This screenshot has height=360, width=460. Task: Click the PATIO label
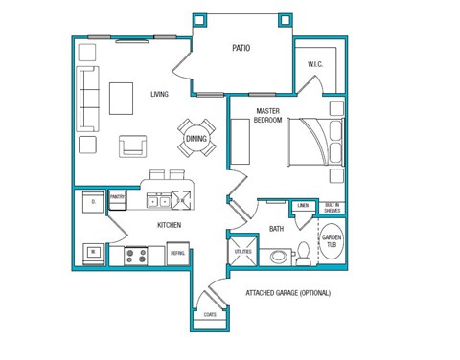pyautogui.click(x=241, y=48)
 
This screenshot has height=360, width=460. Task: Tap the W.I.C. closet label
pyautogui.click(x=315, y=65)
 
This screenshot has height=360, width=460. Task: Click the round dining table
pyautogui.click(x=196, y=138)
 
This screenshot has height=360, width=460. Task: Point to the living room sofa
pyautogui.click(x=88, y=100)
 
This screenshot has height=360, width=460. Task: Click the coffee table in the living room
pyautogui.click(x=121, y=98)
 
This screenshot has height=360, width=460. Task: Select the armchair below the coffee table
pyautogui.click(x=133, y=146)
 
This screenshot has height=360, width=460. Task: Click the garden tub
pyautogui.click(x=332, y=242)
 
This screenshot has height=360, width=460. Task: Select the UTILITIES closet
pyautogui.click(x=241, y=251)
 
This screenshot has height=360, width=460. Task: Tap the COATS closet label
pyautogui.click(x=209, y=314)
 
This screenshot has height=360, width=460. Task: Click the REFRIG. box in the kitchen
pyautogui.click(x=178, y=254)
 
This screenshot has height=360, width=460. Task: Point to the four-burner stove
pyautogui.click(x=135, y=256)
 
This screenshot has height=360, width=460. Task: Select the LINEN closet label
pyautogui.click(x=302, y=205)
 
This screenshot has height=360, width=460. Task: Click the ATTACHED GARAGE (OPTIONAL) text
pyautogui.click(x=287, y=293)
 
